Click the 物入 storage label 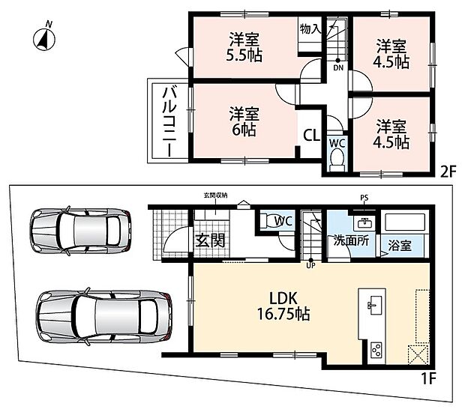point(310,29)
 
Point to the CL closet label point(311,135)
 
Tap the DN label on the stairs point(338,68)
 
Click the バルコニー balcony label point(169,121)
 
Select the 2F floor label point(447,172)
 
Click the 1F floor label point(428,378)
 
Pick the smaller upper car point(80,231)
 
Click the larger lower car point(104,317)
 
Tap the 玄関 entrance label point(210,240)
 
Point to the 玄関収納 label point(215,196)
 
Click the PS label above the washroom point(364,198)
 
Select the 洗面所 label point(352,240)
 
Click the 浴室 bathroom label point(399,245)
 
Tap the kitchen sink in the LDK point(372,305)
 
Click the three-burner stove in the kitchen point(376,350)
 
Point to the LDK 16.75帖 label point(283,306)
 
